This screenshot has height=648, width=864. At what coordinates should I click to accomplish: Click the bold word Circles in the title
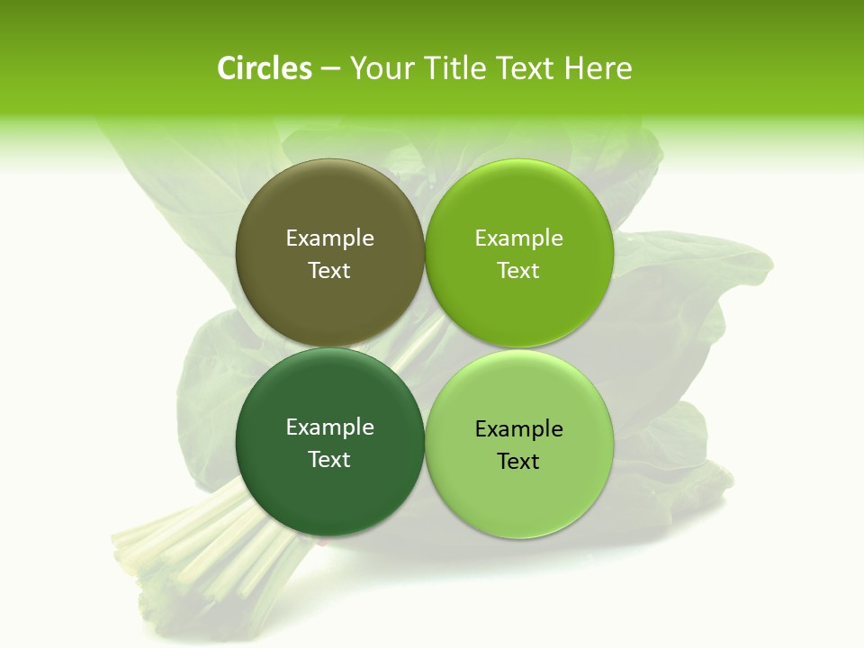click(x=264, y=68)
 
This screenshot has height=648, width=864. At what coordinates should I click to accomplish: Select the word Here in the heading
click(x=598, y=68)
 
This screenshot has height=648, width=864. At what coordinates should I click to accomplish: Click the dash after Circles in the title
click(x=330, y=69)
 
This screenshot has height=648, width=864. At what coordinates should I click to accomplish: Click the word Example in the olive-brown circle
click(x=329, y=238)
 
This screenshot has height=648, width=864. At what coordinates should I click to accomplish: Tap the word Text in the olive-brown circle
click(x=329, y=271)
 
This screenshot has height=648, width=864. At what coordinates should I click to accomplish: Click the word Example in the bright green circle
click(x=518, y=238)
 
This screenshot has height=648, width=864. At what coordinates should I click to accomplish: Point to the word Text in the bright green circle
click(x=518, y=271)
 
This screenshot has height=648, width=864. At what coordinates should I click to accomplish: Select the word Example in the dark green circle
click(x=329, y=427)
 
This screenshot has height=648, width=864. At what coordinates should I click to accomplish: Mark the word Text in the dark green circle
click(x=329, y=460)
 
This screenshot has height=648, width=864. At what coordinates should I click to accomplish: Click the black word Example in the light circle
click(x=518, y=429)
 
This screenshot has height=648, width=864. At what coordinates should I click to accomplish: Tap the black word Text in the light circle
click(x=518, y=462)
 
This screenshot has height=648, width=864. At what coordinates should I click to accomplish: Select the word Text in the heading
click(x=529, y=68)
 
